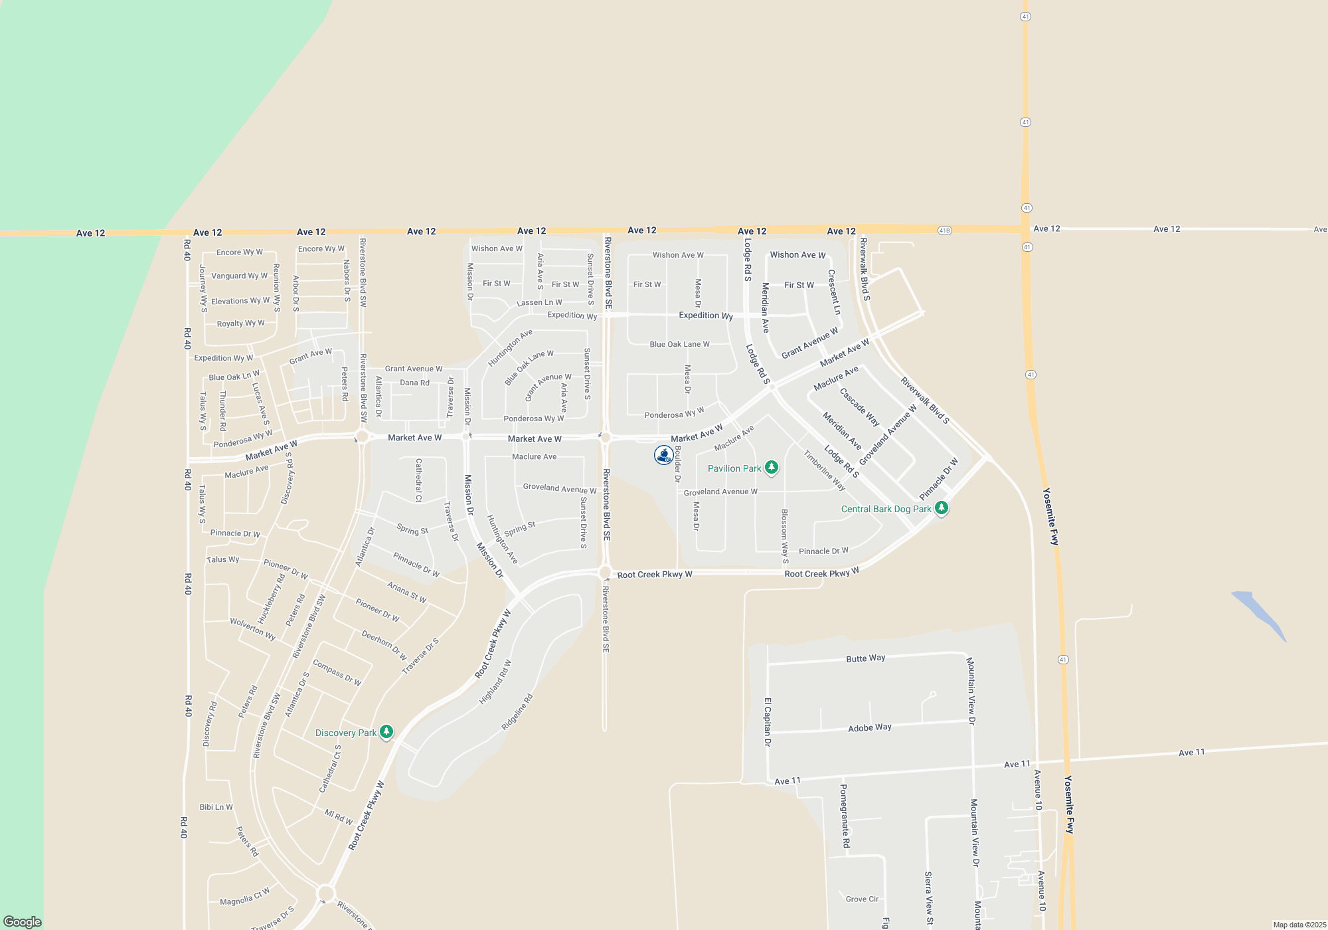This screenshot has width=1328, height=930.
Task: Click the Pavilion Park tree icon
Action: [771, 468]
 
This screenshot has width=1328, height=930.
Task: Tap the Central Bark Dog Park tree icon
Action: [941, 508]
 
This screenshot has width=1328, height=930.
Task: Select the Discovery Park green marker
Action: [386, 732]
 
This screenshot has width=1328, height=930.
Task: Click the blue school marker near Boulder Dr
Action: [663, 455]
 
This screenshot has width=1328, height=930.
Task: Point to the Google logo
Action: [22, 921]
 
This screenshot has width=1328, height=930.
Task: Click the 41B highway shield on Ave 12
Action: [945, 231]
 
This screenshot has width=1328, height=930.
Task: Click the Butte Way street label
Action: [865, 658]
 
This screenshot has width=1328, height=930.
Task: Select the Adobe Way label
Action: [869, 728]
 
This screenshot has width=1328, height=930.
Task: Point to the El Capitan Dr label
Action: [768, 722]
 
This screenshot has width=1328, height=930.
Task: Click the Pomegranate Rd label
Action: [845, 816]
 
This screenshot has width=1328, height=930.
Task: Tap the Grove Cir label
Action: [862, 899]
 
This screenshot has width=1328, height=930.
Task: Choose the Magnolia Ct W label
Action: [245, 897]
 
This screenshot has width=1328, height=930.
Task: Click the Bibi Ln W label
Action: [216, 807]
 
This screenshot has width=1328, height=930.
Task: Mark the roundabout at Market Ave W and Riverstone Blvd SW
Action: [362, 436]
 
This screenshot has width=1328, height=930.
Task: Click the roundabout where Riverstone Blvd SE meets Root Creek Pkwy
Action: [605, 573]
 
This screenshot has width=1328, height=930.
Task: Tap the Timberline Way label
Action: [824, 470]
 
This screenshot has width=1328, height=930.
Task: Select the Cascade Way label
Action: [859, 407]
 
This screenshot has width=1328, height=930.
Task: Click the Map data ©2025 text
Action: [1299, 925]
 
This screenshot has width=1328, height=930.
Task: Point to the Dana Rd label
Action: [414, 383]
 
